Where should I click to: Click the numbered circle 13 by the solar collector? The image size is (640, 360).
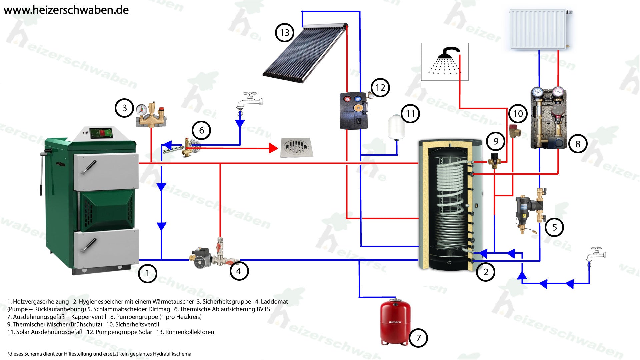(x=284, y=33)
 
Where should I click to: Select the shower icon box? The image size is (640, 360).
(x=445, y=62)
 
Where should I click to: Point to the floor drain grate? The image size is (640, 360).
(x=296, y=147)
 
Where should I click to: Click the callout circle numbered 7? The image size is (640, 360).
(x=418, y=338)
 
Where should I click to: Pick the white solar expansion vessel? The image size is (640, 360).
(x=396, y=127)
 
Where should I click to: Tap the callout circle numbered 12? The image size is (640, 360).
(x=380, y=88)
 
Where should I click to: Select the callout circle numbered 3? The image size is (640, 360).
(x=124, y=108)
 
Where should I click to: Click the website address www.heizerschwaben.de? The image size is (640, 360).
(x=66, y=10)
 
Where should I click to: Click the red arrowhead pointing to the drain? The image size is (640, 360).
(x=273, y=148)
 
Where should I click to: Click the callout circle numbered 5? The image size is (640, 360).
(x=554, y=227)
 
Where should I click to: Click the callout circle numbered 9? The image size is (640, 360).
(x=496, y=141)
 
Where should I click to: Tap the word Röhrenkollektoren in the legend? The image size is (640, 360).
(x=190, y=332)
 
